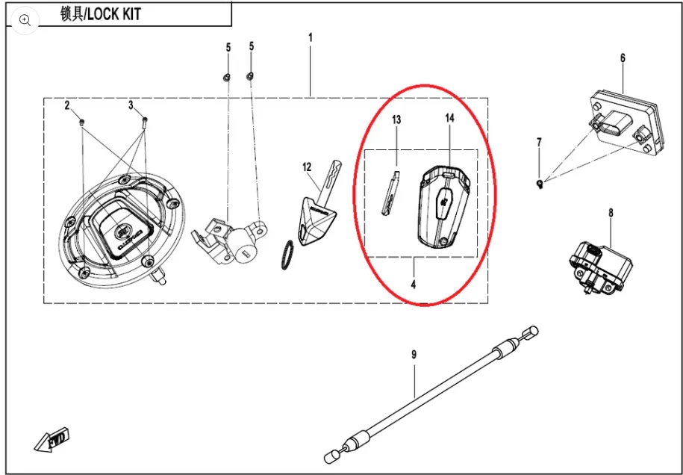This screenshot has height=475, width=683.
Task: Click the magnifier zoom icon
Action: pos(25,20)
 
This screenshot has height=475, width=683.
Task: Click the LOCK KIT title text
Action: pos(101,14)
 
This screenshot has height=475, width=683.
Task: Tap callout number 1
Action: pos(311,37)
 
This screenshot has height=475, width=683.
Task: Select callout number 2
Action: pos(66,105)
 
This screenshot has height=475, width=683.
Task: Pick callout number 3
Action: pos(131,105)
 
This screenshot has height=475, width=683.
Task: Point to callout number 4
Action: pos(414,285)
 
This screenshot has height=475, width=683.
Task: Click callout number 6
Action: pos(623,58)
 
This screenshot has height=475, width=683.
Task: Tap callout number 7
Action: pos(539,142)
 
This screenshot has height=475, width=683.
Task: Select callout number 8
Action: pos(611,213)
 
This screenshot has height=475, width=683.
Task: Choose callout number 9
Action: pos(414,355)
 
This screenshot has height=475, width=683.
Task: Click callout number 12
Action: pos(307,167)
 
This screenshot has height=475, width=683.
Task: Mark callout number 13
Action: pos(396,119)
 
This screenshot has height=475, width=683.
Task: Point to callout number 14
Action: pos(449,119)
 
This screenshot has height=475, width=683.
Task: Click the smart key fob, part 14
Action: pos(443,205)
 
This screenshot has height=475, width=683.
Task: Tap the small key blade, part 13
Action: pos(390,193)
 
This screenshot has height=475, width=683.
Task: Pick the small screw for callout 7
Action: pos(539,181)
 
